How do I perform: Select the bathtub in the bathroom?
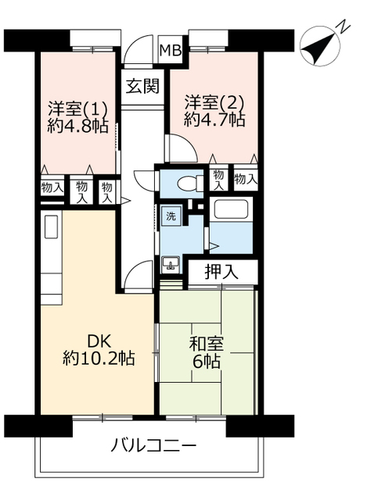tap(230, 210)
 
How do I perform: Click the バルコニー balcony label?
tap(153, 447)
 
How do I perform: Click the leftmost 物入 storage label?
tap(51, 187)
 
